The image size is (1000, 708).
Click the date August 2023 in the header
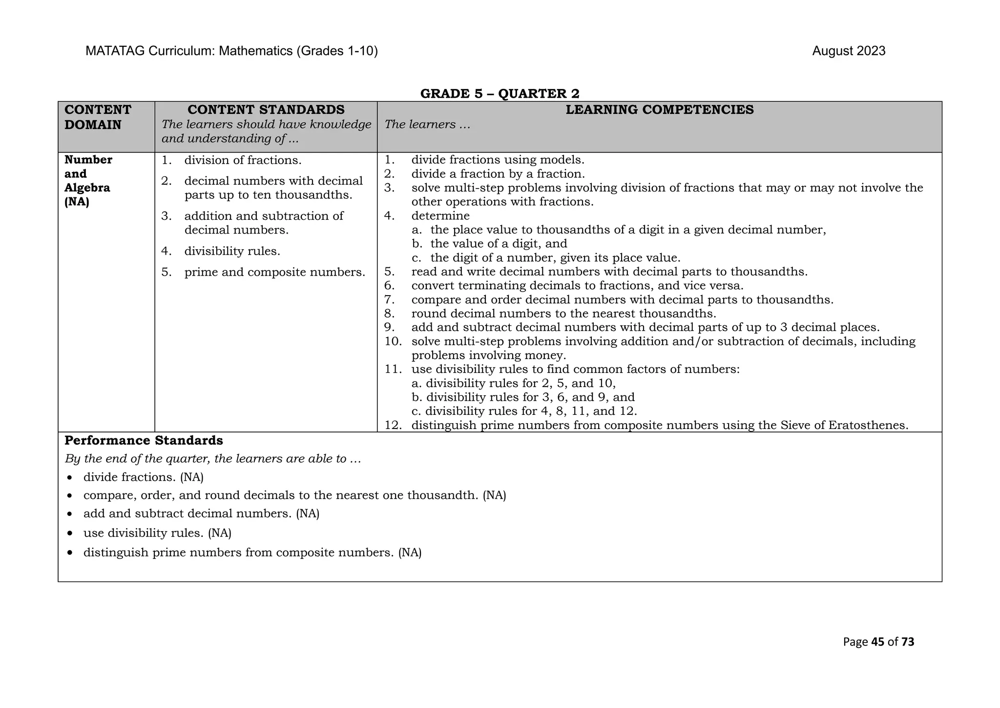coord(848,51)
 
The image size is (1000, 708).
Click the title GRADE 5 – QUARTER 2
coord(500,93)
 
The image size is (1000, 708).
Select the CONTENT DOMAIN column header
coord(98,117)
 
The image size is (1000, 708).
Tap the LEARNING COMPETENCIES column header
coord(659,110)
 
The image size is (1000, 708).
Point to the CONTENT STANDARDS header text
coord(266,110)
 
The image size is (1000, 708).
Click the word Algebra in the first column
coord(87,188)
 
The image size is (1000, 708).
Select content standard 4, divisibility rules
coord(232,251)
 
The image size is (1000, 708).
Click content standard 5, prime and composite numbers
coord(274,272)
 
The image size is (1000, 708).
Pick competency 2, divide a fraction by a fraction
coord(498,174)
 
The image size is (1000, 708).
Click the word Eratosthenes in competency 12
coord(868,425)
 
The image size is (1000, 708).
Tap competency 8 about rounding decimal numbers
coord(563,314)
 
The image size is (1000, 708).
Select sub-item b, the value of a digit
coord(498,244)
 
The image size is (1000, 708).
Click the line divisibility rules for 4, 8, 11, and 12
coord(531,411)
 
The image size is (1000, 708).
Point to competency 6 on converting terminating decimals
coord(577,286)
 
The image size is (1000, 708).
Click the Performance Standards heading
coord(144,441)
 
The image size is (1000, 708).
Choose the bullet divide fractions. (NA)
coord(143,477)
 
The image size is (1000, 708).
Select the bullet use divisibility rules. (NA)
coord(157,533)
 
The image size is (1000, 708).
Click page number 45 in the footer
coord(877,642)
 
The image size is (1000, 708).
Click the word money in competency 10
coord(543,356)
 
